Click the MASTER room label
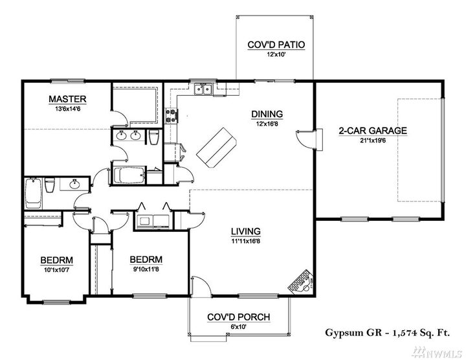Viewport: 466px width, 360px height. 68,99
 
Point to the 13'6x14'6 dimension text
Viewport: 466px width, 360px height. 68,109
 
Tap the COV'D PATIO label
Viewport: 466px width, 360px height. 276,45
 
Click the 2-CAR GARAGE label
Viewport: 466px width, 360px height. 373,130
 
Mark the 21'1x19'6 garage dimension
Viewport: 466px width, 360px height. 373,139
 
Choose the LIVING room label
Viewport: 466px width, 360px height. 245,231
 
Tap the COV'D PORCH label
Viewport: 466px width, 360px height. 238,317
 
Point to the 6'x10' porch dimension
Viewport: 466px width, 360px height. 238,326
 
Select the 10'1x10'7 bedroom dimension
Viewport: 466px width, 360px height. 56,271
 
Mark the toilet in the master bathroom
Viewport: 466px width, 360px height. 153,138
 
